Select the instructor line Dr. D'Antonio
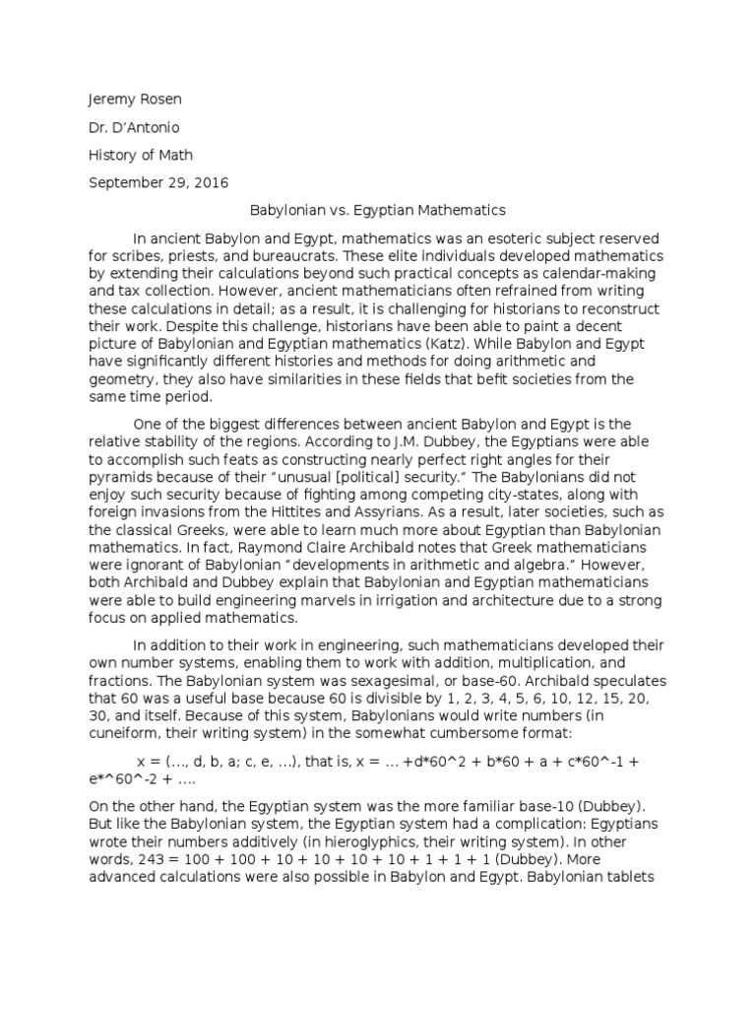pyautogui.click(x=135, y=127)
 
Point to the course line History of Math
pyautogui.click(x=141, y=155)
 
